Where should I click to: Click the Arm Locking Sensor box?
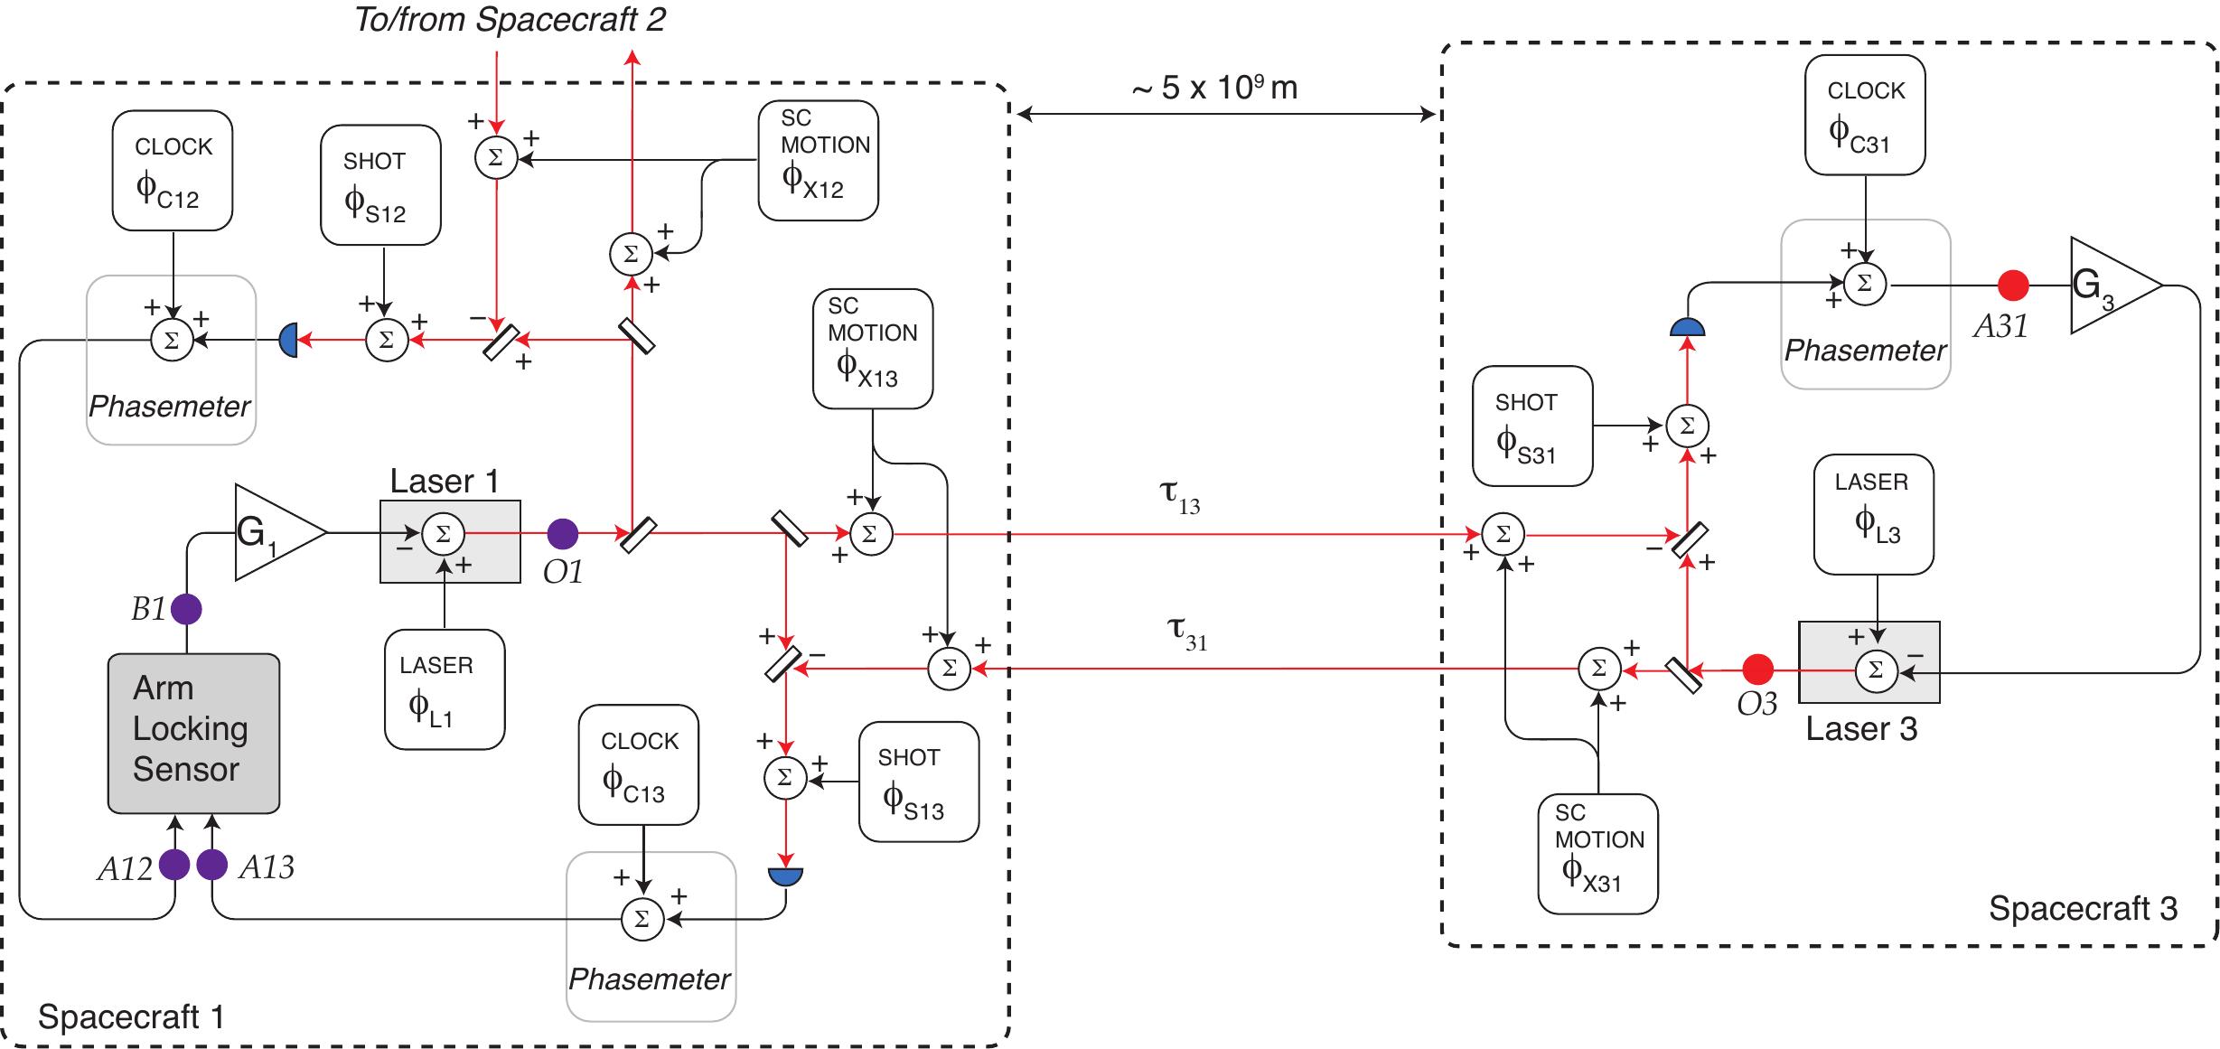point(193,733)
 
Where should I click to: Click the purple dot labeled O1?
point(562,533)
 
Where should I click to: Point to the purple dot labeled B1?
point(186,609)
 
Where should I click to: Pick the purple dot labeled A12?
point(174,865)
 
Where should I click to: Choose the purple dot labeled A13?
point(211,865)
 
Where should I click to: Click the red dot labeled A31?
point(2012,286)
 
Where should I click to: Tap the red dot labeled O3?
point(1757,670)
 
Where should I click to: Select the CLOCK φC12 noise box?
point(173,171)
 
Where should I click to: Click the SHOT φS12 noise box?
point(380,185)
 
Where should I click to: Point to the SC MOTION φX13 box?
point(873,349)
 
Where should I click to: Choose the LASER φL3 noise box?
point(1874,514)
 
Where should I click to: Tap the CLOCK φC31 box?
point(1865,115)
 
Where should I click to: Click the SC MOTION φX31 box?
point(1598,854)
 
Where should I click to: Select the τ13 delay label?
point(1180,496)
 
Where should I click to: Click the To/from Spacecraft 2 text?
point(510,20)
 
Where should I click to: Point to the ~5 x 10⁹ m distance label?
point(1214,87)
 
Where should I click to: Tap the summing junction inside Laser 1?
point(443,533)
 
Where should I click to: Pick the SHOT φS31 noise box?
point(1532,426)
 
